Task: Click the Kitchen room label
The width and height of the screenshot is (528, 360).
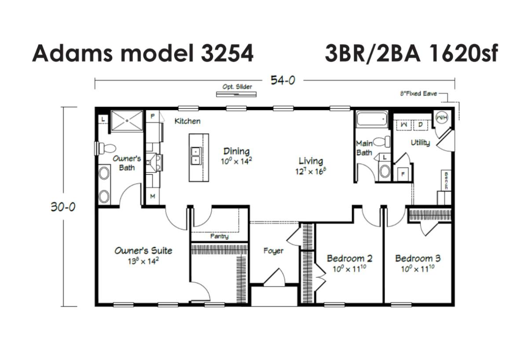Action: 187,121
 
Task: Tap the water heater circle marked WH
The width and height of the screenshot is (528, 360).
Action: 441,118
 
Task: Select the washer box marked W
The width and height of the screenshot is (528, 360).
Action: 404,125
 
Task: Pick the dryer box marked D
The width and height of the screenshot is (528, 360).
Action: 421,125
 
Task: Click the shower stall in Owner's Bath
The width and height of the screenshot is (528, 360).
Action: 127,121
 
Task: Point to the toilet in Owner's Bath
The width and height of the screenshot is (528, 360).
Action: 106,148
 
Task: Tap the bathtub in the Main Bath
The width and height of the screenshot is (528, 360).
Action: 372,119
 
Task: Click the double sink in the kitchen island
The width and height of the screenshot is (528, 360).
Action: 196,156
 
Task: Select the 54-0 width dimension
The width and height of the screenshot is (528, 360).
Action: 282,81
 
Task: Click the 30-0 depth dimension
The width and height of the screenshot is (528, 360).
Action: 63,207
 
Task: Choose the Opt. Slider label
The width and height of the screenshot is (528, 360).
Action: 237,87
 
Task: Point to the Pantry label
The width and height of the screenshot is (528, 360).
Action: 219,236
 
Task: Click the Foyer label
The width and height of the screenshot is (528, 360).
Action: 273,250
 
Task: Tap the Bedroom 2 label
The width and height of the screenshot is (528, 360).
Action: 349,258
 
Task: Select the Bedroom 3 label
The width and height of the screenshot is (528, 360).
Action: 418,258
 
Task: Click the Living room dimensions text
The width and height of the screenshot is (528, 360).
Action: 311,171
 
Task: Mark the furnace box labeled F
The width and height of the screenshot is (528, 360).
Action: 403,174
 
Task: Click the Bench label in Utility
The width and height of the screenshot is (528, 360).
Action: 446,180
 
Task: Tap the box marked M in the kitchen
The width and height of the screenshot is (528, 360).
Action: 153,196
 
